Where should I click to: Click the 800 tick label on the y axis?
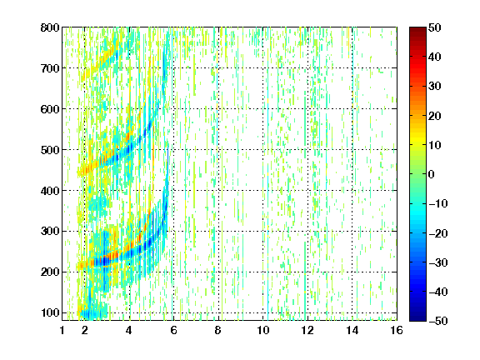tap(50, 27)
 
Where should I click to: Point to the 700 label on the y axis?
tap(50, 68)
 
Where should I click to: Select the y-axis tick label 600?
tap(50, 109)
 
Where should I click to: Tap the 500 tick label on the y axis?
tap(50, 150)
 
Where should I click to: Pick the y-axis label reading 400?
tap(50, 191)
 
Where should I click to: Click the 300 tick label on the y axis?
tap(50, 232)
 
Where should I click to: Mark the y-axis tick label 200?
tap(50, 272)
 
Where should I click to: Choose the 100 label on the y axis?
tap(50, 312)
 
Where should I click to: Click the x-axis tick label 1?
tap(62, 330)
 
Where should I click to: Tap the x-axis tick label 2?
tap(84, 330)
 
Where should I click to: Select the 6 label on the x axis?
tap(173, 330)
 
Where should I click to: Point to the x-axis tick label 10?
tap(262, 330)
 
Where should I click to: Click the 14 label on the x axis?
tap(352, 330)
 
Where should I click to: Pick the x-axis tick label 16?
tap(397, 330)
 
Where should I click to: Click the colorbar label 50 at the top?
tap(435, 27)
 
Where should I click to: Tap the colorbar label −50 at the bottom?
tap(438, 321)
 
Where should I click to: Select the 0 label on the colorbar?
tap(432, 174)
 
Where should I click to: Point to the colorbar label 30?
tap(435, 87)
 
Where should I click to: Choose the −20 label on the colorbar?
tap(438, 233)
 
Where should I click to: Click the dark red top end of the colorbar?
tap(417, 29)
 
